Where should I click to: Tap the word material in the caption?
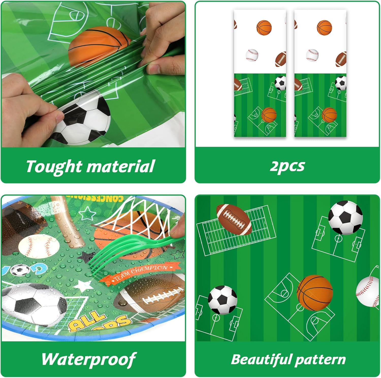pos(121,167)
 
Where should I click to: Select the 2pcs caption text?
pos(287,166)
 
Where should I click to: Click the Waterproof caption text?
pos(89,359)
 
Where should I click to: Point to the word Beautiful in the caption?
pos(261,359)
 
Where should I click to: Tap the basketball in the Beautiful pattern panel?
pos(314,292)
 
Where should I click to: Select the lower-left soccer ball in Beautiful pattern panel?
pos(223,300)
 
